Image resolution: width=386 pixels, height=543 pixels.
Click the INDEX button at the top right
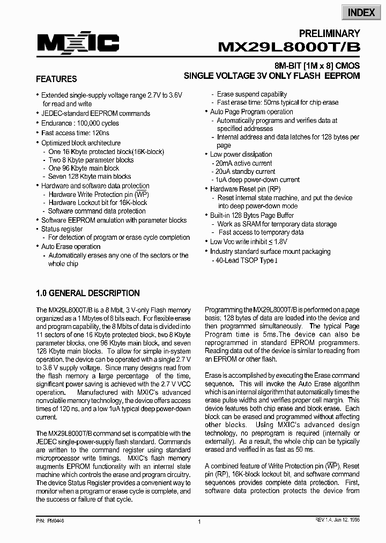pyautogui.click(x=361, y=12)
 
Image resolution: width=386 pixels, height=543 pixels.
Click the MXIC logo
pyautogui.click(x=78, y=42)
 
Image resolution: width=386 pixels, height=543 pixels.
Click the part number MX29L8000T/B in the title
pyautogui.click(x=289, y=47)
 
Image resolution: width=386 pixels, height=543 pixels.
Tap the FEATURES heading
pyautogui.click(x=56, y=79)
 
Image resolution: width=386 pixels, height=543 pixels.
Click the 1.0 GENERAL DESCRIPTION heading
pyautogui.click(x=87, y=293)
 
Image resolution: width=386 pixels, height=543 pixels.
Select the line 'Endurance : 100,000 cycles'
pyautogui.click(x=80, y=123)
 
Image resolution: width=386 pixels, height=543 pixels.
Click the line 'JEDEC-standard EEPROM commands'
pyautogui.click(x=95, y=114)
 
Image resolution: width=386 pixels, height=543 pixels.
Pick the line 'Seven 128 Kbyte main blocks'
pyautogui.click(x=90, y=176)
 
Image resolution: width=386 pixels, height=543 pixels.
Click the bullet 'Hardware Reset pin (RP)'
pyautogui.click(x=245, y=189)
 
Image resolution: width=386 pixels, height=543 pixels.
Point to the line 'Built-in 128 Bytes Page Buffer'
pyautogui.click(x=251, y=215)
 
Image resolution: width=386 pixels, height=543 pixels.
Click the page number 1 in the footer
pyautogui.click(x=199, y=522)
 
